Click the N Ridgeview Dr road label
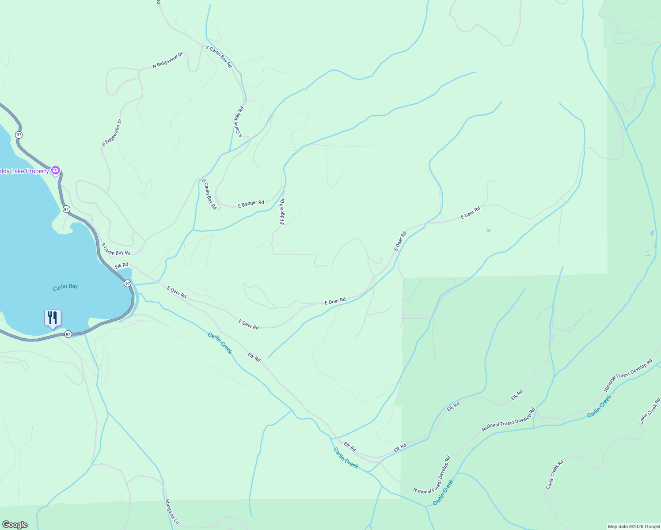(167, 61)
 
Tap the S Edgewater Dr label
(111, 132)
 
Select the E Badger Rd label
(251, 204)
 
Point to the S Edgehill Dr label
(282, 212)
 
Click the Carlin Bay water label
(65, 287)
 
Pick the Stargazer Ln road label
(171, 512)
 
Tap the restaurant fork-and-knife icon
(53, 318)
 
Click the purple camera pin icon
(56, 170)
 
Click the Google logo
(15, 525)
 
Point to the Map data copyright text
(634, 526)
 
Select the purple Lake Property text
(24, 171)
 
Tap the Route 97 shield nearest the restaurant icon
(68, 334)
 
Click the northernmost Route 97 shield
(19, 134)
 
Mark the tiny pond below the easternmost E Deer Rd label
(488, 231)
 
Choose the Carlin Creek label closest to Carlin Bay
(220, 343)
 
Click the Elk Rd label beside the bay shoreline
(122, 266)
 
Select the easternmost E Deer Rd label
(470, 213)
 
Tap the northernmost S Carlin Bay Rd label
(219, 56)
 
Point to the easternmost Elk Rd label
(517, 395)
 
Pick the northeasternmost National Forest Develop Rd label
(627, 375)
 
